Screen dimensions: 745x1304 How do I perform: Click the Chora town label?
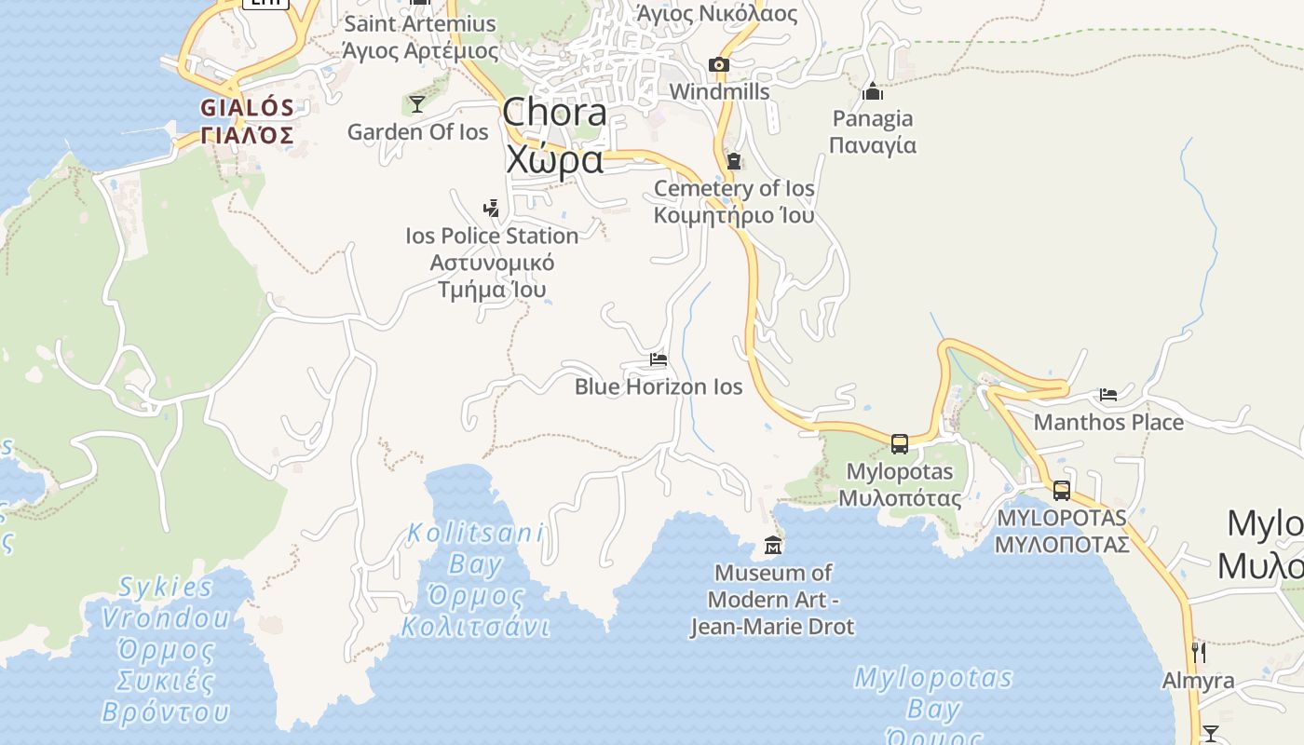coord(554,135)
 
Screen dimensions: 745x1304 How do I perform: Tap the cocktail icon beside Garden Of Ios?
coord(417,103)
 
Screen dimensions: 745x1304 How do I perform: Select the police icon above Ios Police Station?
coord(491,208)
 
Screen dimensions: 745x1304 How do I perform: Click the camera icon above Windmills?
coord(718,64)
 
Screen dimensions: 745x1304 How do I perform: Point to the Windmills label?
coord(719,91)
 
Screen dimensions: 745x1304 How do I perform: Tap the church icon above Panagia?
coord(873,91)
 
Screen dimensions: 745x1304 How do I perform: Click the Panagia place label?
coord(873,131)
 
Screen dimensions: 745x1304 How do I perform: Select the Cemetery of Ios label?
coord(734,201)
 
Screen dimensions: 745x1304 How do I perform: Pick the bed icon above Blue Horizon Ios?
coord(659,359)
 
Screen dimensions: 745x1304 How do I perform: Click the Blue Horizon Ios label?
coord(659,386)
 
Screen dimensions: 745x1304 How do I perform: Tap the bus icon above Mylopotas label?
coord(899,444)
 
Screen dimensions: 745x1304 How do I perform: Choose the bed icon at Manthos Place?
coord(1108,395)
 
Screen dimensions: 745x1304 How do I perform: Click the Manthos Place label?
coord(1108,422)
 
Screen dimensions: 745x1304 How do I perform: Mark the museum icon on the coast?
coord(773,545)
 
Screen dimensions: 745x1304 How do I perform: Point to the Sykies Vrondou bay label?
coord(166,650)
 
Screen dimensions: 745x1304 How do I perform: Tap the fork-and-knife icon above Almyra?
coord(1199,652)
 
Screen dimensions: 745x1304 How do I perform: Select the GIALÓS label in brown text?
coord(248,121)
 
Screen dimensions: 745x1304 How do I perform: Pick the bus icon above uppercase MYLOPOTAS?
coord(1061,491)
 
